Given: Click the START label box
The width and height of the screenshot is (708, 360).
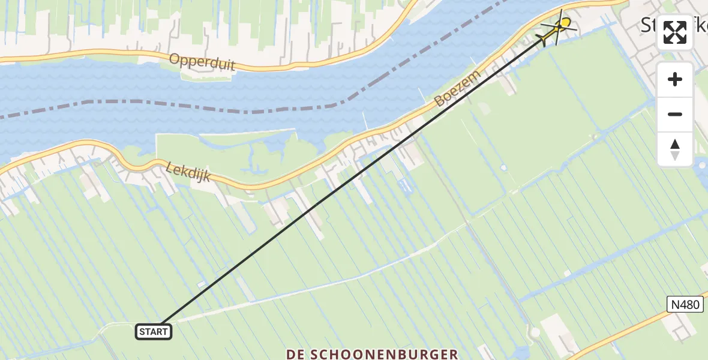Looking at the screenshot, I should pyautogui.click(x=154, y=331).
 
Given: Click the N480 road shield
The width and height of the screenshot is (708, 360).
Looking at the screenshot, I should pyautogui.click(x=685, y=305).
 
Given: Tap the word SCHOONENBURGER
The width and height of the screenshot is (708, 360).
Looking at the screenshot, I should pyautogui.click(x=389, y=354).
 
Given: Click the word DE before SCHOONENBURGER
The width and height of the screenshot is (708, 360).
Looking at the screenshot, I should pyautogui.click(x=298, y=354).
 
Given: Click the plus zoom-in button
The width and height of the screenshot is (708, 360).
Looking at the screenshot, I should pyautogui.click(x=675, y=79).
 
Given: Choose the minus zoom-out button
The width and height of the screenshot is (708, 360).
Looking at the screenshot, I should pyautogui.click(x=675, y=114).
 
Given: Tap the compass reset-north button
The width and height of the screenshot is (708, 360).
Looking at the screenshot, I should pyautogui.click(x=675, y=149).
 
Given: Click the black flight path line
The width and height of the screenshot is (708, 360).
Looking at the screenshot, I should pyautogui.click(x=348, y=180).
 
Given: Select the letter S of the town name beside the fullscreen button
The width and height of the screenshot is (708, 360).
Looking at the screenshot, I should pyautogui.click(x=648, y=25).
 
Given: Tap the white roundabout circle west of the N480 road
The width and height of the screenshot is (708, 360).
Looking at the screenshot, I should pyautogui.click(x=535, y=332).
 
